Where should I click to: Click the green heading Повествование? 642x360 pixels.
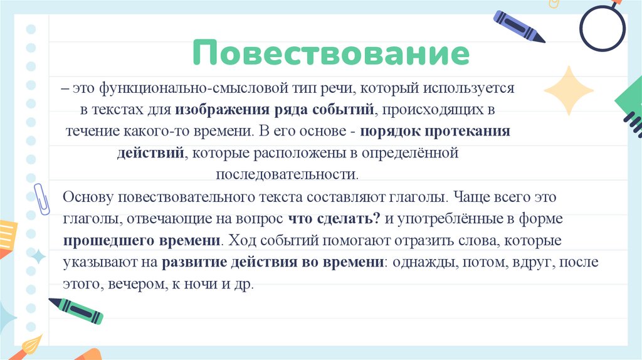[330, 53]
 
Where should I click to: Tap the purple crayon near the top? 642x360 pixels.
[519, 26]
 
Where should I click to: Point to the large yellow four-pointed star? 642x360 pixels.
[568, 90]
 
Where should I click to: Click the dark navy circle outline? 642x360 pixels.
[602, 28]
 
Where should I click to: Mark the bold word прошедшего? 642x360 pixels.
[100, 240]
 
